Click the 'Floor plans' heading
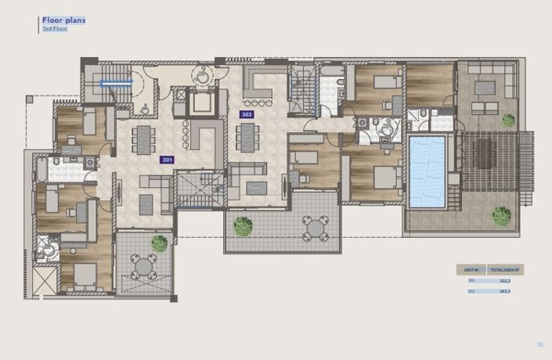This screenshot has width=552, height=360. click(64, 20)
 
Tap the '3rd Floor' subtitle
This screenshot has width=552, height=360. click(55, 29)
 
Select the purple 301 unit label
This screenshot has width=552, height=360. click(167, 160)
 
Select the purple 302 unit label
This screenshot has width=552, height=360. click(247, 114)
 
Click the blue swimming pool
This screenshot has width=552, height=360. click(428, 171)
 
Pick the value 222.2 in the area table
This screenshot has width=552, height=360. click(505, 280)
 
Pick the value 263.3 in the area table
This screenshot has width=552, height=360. click(505, 291)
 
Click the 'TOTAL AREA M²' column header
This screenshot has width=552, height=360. click(506, 269)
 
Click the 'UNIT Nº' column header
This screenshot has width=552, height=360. click(471, 269)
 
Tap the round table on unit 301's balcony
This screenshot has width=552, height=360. click(144, 268)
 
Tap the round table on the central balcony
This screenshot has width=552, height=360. click(316, 229)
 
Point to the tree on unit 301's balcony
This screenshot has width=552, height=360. click(160, 243)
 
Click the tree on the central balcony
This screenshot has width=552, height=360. click(243, 227)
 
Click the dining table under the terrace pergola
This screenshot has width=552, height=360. click(484, 153)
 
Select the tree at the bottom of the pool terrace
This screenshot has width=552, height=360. click(501, 215)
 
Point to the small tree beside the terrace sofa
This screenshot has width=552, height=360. click(509, 121)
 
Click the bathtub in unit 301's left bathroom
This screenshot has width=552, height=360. click(41, 168)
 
